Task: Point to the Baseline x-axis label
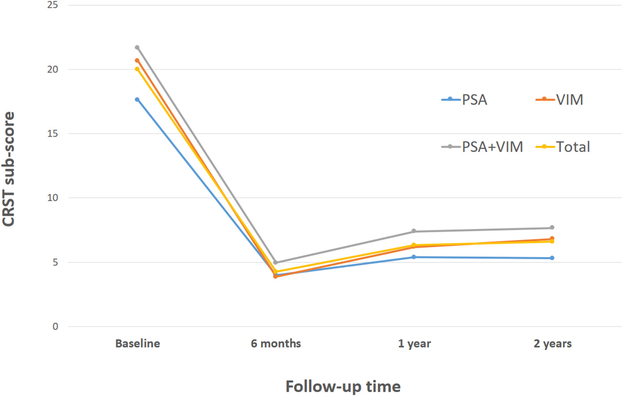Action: tap(138, 344)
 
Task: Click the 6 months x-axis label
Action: tap(276, 344)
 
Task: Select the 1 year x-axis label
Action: tap(414, 344)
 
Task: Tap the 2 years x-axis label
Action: tap(553, 344)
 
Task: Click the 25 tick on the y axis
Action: tap(53, 5)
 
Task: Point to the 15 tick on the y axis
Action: tap(53, 134)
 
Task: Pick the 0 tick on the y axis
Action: tap(55, 327)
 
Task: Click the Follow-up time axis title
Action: tap(343, 386)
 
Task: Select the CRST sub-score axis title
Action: tap(9, 169)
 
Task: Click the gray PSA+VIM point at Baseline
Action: tap(137, 47)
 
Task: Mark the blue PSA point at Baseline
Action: tap(137, 100)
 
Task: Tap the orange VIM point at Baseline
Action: tap(137, 61)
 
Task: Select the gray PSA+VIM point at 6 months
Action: tap(276, 262)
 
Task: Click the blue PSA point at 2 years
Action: tap(552, 258)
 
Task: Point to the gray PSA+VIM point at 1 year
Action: tap(414, 231)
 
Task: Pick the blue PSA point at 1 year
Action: tap(414, 257)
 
